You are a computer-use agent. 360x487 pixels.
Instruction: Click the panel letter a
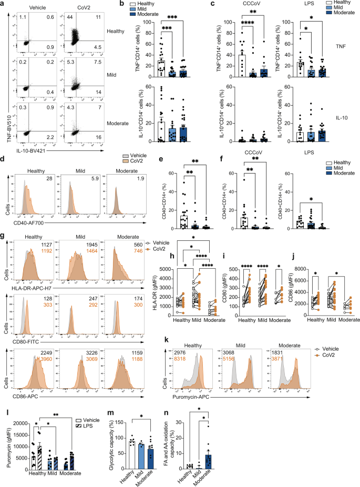pyautogui.click(x=3, y=5)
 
